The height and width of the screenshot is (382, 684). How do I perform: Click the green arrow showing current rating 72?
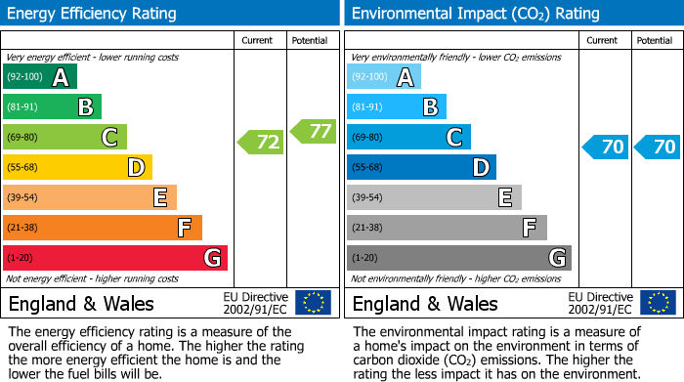coord(261,143)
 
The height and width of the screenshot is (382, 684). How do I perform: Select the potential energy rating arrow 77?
coord(313,131)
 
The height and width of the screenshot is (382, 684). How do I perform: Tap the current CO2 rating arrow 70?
coord(606,148)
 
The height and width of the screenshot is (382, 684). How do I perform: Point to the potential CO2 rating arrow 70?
coord(658,148)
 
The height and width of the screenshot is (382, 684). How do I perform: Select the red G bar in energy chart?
coord(115,258)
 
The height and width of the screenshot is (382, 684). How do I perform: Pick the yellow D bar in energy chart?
coord(78,168)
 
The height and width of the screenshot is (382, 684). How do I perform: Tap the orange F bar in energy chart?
coord(103,228)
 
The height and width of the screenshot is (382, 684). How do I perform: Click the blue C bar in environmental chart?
coord(408,138)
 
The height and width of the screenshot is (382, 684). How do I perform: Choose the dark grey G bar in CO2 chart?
coord(458,258)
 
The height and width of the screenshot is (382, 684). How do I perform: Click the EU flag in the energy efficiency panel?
coord(313,303)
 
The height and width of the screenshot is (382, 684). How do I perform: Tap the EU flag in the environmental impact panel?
coord(657,303)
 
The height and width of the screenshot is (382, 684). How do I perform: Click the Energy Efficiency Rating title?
coord(93,14)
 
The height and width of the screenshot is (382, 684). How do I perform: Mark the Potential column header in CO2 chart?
coord(654,40)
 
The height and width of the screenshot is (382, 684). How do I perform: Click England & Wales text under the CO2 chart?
coord(425,304)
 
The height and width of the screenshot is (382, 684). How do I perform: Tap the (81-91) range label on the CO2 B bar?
coord(368,107)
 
